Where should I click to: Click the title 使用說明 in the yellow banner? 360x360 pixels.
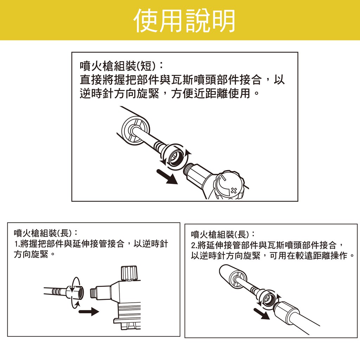184,21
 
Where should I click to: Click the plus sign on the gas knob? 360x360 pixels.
234,190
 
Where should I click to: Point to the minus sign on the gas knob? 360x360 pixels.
223,178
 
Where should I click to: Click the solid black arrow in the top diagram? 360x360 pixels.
167,176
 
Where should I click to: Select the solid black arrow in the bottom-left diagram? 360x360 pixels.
89,311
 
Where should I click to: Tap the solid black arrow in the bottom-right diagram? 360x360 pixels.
262,314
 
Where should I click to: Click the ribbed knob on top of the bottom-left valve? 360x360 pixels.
129,273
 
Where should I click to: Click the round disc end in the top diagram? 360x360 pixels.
135,131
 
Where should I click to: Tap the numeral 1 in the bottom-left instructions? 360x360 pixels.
15,244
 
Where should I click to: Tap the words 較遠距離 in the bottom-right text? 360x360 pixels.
304,255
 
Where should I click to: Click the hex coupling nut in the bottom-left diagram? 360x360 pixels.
75,293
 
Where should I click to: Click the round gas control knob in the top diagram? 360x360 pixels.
229,185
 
